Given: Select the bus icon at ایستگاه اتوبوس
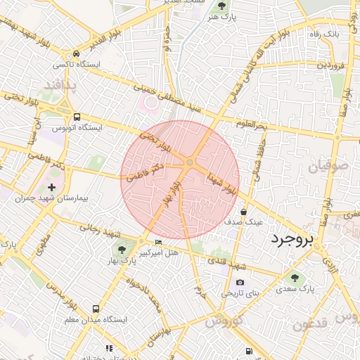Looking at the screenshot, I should pos(77,117).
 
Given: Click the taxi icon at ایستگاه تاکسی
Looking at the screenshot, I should pos(75,53).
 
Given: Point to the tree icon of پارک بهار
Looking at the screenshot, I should pos(122,250).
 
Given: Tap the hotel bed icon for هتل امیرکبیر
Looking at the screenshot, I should pos(157,243).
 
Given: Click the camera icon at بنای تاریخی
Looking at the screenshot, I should pos(240,283).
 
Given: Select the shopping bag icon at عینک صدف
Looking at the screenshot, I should pos(244,211).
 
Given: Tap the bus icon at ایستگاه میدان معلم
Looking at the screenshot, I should pos(96,309).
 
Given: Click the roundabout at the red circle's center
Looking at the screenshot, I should pos(190,164).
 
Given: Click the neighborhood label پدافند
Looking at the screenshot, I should pos(58,85).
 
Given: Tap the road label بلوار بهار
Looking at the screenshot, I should pos(169,194).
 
